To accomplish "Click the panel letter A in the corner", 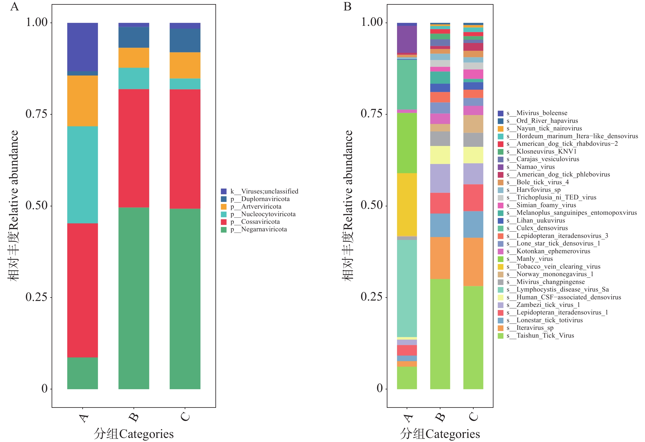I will [14, 6].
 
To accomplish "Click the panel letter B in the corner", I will [347, 6].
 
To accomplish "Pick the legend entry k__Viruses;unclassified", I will [264, 191].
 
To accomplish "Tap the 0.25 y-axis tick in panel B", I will [372, 297].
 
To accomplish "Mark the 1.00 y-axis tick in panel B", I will [372, 22].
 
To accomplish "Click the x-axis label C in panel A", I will [185, 417].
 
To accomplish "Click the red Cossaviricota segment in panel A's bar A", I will [83, 290].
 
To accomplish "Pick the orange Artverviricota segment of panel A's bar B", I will [134, 58].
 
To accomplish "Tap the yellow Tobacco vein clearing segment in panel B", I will [407, 205].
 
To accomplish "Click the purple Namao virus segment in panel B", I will [407, 39].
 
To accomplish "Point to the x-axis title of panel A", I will [134, 434].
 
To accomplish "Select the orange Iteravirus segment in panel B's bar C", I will [473, 262].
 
